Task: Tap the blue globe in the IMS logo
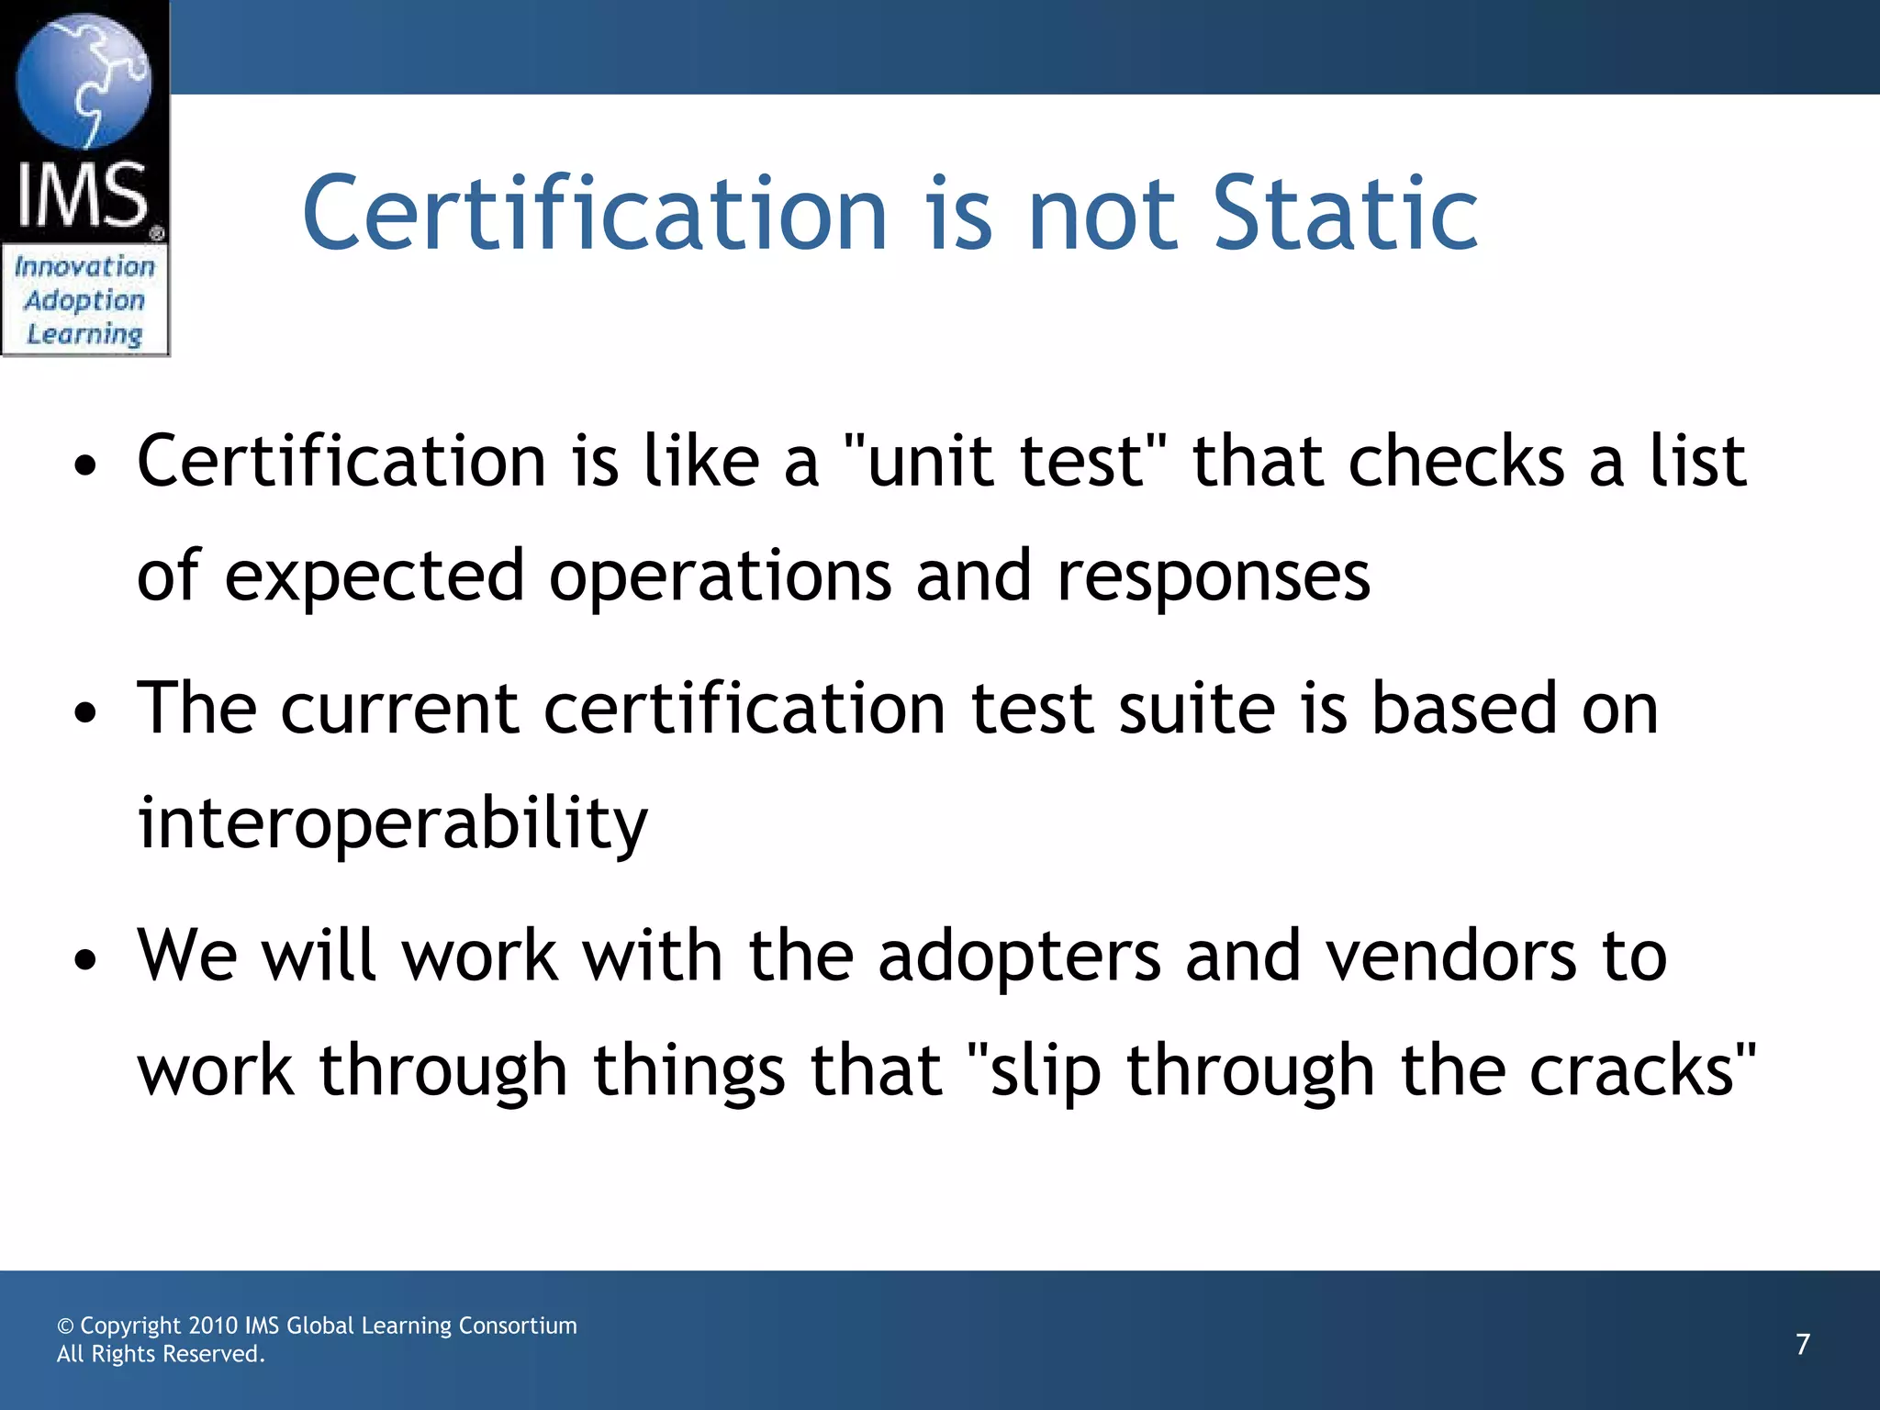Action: tap(84, 81)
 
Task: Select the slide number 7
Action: tap(1803, 1344)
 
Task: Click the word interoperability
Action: tap(393, 822)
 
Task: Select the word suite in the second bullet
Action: tap(1197, 709)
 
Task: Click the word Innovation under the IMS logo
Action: tap(84, 267)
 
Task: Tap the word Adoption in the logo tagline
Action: tap(84, 301)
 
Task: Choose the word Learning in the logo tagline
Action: tap(84, 335)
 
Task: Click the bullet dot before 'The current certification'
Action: tap(85, 714)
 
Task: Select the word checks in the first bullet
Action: tap(1456, 461)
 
